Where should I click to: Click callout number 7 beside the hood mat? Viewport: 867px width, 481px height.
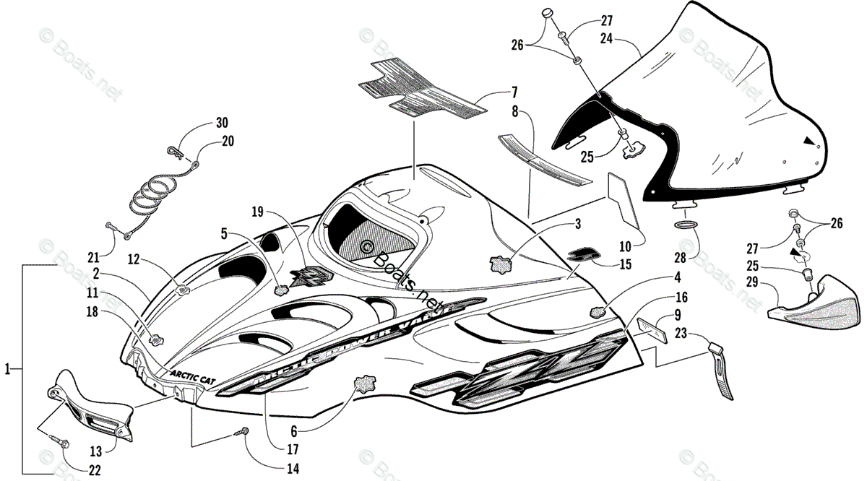coord(514,92)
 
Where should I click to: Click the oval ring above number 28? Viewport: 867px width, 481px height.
coord(687,225)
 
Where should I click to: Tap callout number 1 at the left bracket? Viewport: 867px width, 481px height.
coord(7,369)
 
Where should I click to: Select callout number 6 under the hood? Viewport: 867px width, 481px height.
coord(294,432)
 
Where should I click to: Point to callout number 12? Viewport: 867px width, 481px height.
coord(134,258)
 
